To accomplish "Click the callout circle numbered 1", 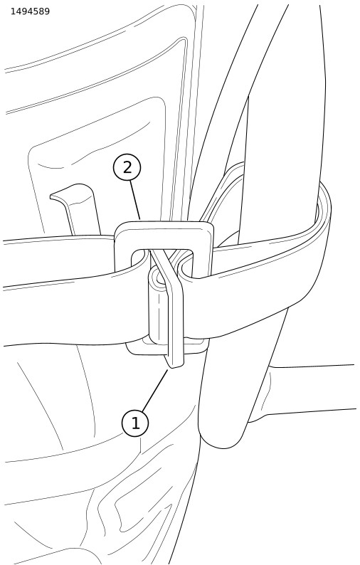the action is point(135,423).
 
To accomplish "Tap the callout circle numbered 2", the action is point(127,168).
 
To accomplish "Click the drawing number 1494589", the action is point(31,11).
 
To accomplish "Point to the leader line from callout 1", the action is point(156,391).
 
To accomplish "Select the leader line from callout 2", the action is point(135,201).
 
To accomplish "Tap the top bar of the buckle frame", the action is point(164,235).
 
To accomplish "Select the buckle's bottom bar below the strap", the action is point(166,348).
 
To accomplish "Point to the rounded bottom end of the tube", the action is point(223,438).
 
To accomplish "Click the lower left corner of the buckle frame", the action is point(129,349).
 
